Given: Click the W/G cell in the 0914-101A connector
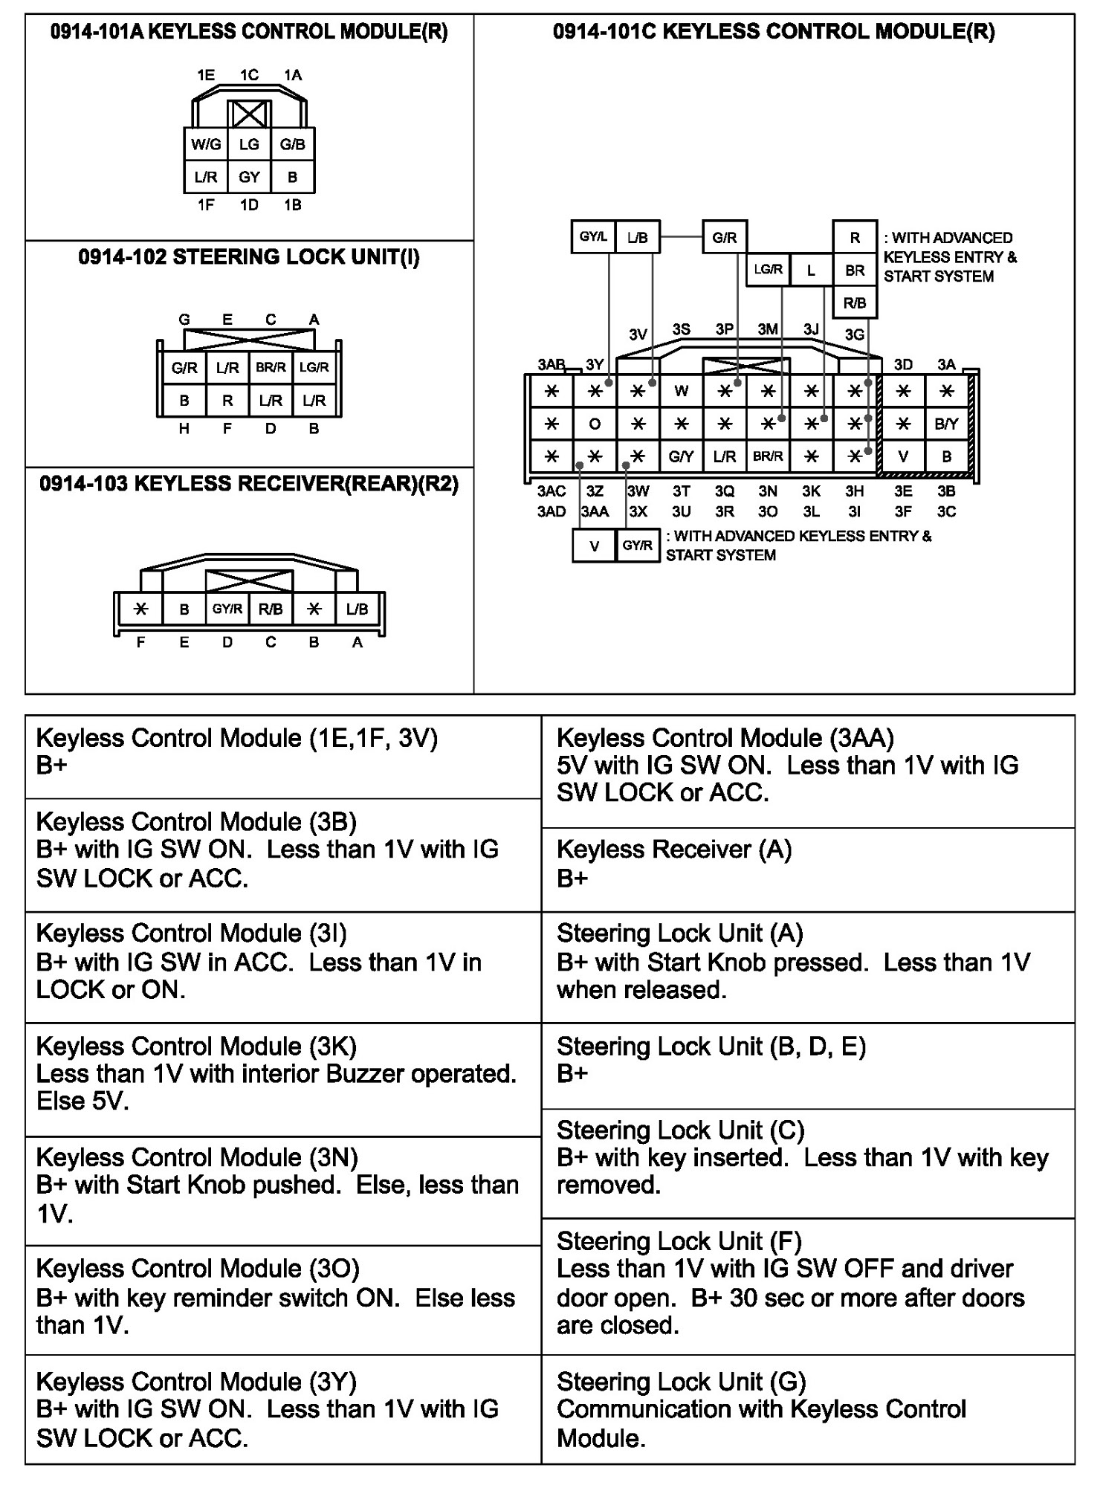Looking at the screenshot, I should [x=206, y=145].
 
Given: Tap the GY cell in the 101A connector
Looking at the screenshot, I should [x=249, y=178].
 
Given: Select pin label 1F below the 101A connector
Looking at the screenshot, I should [x=206, y=205].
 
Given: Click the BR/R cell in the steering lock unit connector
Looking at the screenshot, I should [x=271, y=368].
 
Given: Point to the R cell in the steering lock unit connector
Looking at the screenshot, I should [x=227, y=401].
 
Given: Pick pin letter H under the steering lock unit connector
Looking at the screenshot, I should [x=184, y=429].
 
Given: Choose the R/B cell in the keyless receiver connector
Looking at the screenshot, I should [x=271, y=609].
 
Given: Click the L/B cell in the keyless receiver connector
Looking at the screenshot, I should [x=358, y=609].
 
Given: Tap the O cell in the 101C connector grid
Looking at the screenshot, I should [x=595, y=424].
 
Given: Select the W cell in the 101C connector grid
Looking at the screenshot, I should [x=682, y=392].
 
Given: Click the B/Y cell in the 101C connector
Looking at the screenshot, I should [x=946, y=424].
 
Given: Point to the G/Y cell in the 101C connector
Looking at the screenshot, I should [x=682, y=457].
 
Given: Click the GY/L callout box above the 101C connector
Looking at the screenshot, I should [x=593, y=238].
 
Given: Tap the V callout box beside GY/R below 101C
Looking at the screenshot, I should [x=595, y=546].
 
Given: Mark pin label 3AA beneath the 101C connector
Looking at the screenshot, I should [x=595, y=512].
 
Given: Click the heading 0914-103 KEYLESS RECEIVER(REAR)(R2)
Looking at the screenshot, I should [x=249, y=485].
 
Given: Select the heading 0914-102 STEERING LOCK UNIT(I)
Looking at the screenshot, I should [x=249, y=258].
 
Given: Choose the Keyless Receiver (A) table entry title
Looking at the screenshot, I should [x=674, y=850].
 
